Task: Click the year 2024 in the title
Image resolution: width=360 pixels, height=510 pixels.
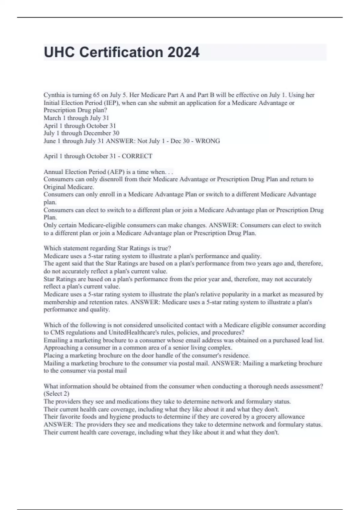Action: [x=183, y=52]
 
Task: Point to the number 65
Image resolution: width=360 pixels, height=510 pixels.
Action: [x=96, y=95]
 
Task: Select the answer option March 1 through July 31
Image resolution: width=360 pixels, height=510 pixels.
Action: [x=76, y=118]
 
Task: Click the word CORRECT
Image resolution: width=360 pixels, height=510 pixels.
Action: [x=137, y=156]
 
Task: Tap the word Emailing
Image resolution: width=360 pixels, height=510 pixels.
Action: [x=56, y=340]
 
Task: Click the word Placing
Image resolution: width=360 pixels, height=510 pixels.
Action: [x=54, y=355]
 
